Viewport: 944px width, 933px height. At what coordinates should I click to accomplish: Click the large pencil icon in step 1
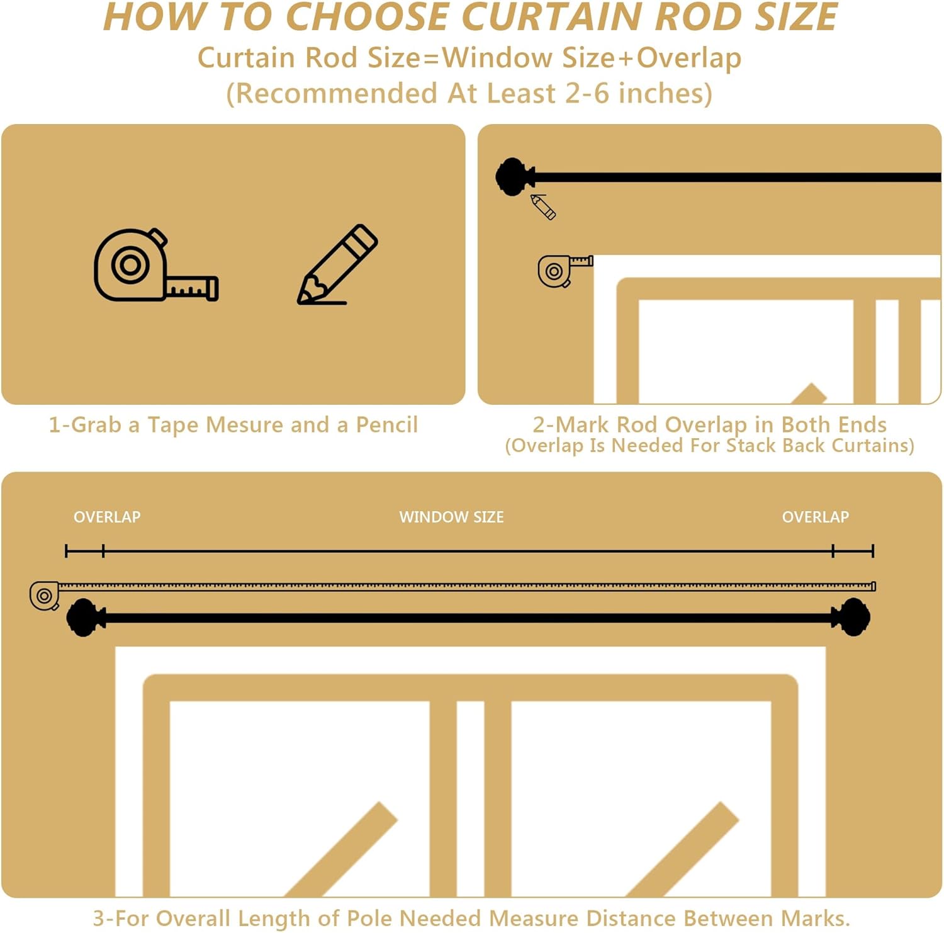tap(337, 266)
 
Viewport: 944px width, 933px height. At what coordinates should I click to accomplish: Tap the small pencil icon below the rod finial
tap(543, 206)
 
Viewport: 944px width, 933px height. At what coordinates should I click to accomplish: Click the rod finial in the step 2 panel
tap(513, 177)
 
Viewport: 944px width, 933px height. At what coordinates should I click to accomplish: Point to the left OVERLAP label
tap(107, 517)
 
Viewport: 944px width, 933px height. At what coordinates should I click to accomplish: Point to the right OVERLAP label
tap(815, 517)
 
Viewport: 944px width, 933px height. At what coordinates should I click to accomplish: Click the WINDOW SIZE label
tap(451, 517)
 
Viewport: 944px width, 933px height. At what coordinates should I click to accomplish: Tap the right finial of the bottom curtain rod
tap(852, 618)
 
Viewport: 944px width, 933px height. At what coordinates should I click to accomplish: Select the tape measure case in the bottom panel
tap(45, 596)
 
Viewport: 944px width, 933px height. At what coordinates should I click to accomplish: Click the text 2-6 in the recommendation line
tap(587, 93)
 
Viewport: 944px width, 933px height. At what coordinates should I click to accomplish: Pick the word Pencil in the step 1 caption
tap(386, 425)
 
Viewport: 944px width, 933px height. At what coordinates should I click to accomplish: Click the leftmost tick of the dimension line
tap(66, 551)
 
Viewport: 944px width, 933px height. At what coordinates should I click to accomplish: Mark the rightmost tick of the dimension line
tap(873, 551)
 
